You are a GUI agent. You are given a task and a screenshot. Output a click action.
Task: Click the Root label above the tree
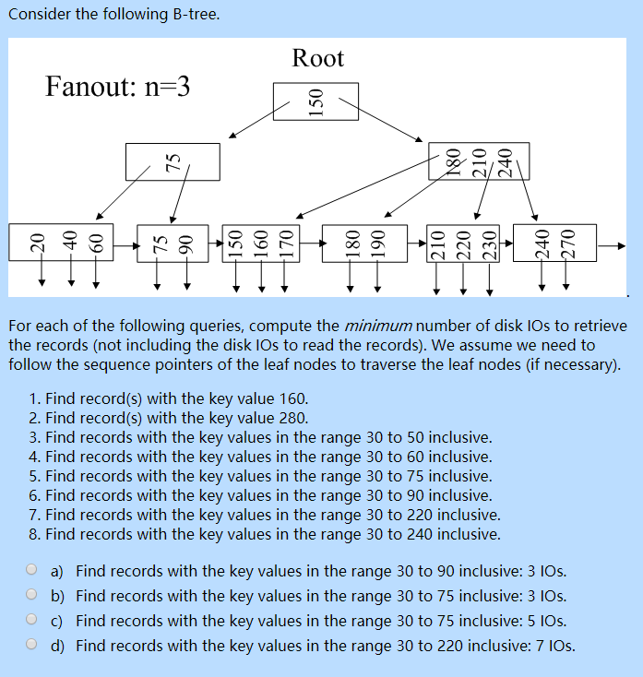[x=317, y=59]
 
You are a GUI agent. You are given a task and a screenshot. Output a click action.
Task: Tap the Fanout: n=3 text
[x=117, y=88]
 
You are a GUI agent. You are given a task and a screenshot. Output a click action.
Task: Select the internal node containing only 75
[x=173, y=161]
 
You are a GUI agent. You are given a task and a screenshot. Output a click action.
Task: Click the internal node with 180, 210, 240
[x=479, y=160]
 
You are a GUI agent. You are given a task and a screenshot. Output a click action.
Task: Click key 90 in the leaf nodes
[x=186, y=243]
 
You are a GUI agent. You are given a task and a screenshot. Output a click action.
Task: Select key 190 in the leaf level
[x=375, y=243]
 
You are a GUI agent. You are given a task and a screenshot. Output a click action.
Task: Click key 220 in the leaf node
[x=463, y=243]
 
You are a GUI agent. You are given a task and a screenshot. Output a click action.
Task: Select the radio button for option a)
[x=32, y=570]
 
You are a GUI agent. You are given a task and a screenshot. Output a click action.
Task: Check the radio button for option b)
[x=32, y=595]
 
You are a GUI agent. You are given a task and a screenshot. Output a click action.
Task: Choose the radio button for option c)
[x=32, y=620]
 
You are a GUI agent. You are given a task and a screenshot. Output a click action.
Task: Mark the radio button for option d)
[x=32, y=645]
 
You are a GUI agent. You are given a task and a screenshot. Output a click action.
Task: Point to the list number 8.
[x=34, y=534]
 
